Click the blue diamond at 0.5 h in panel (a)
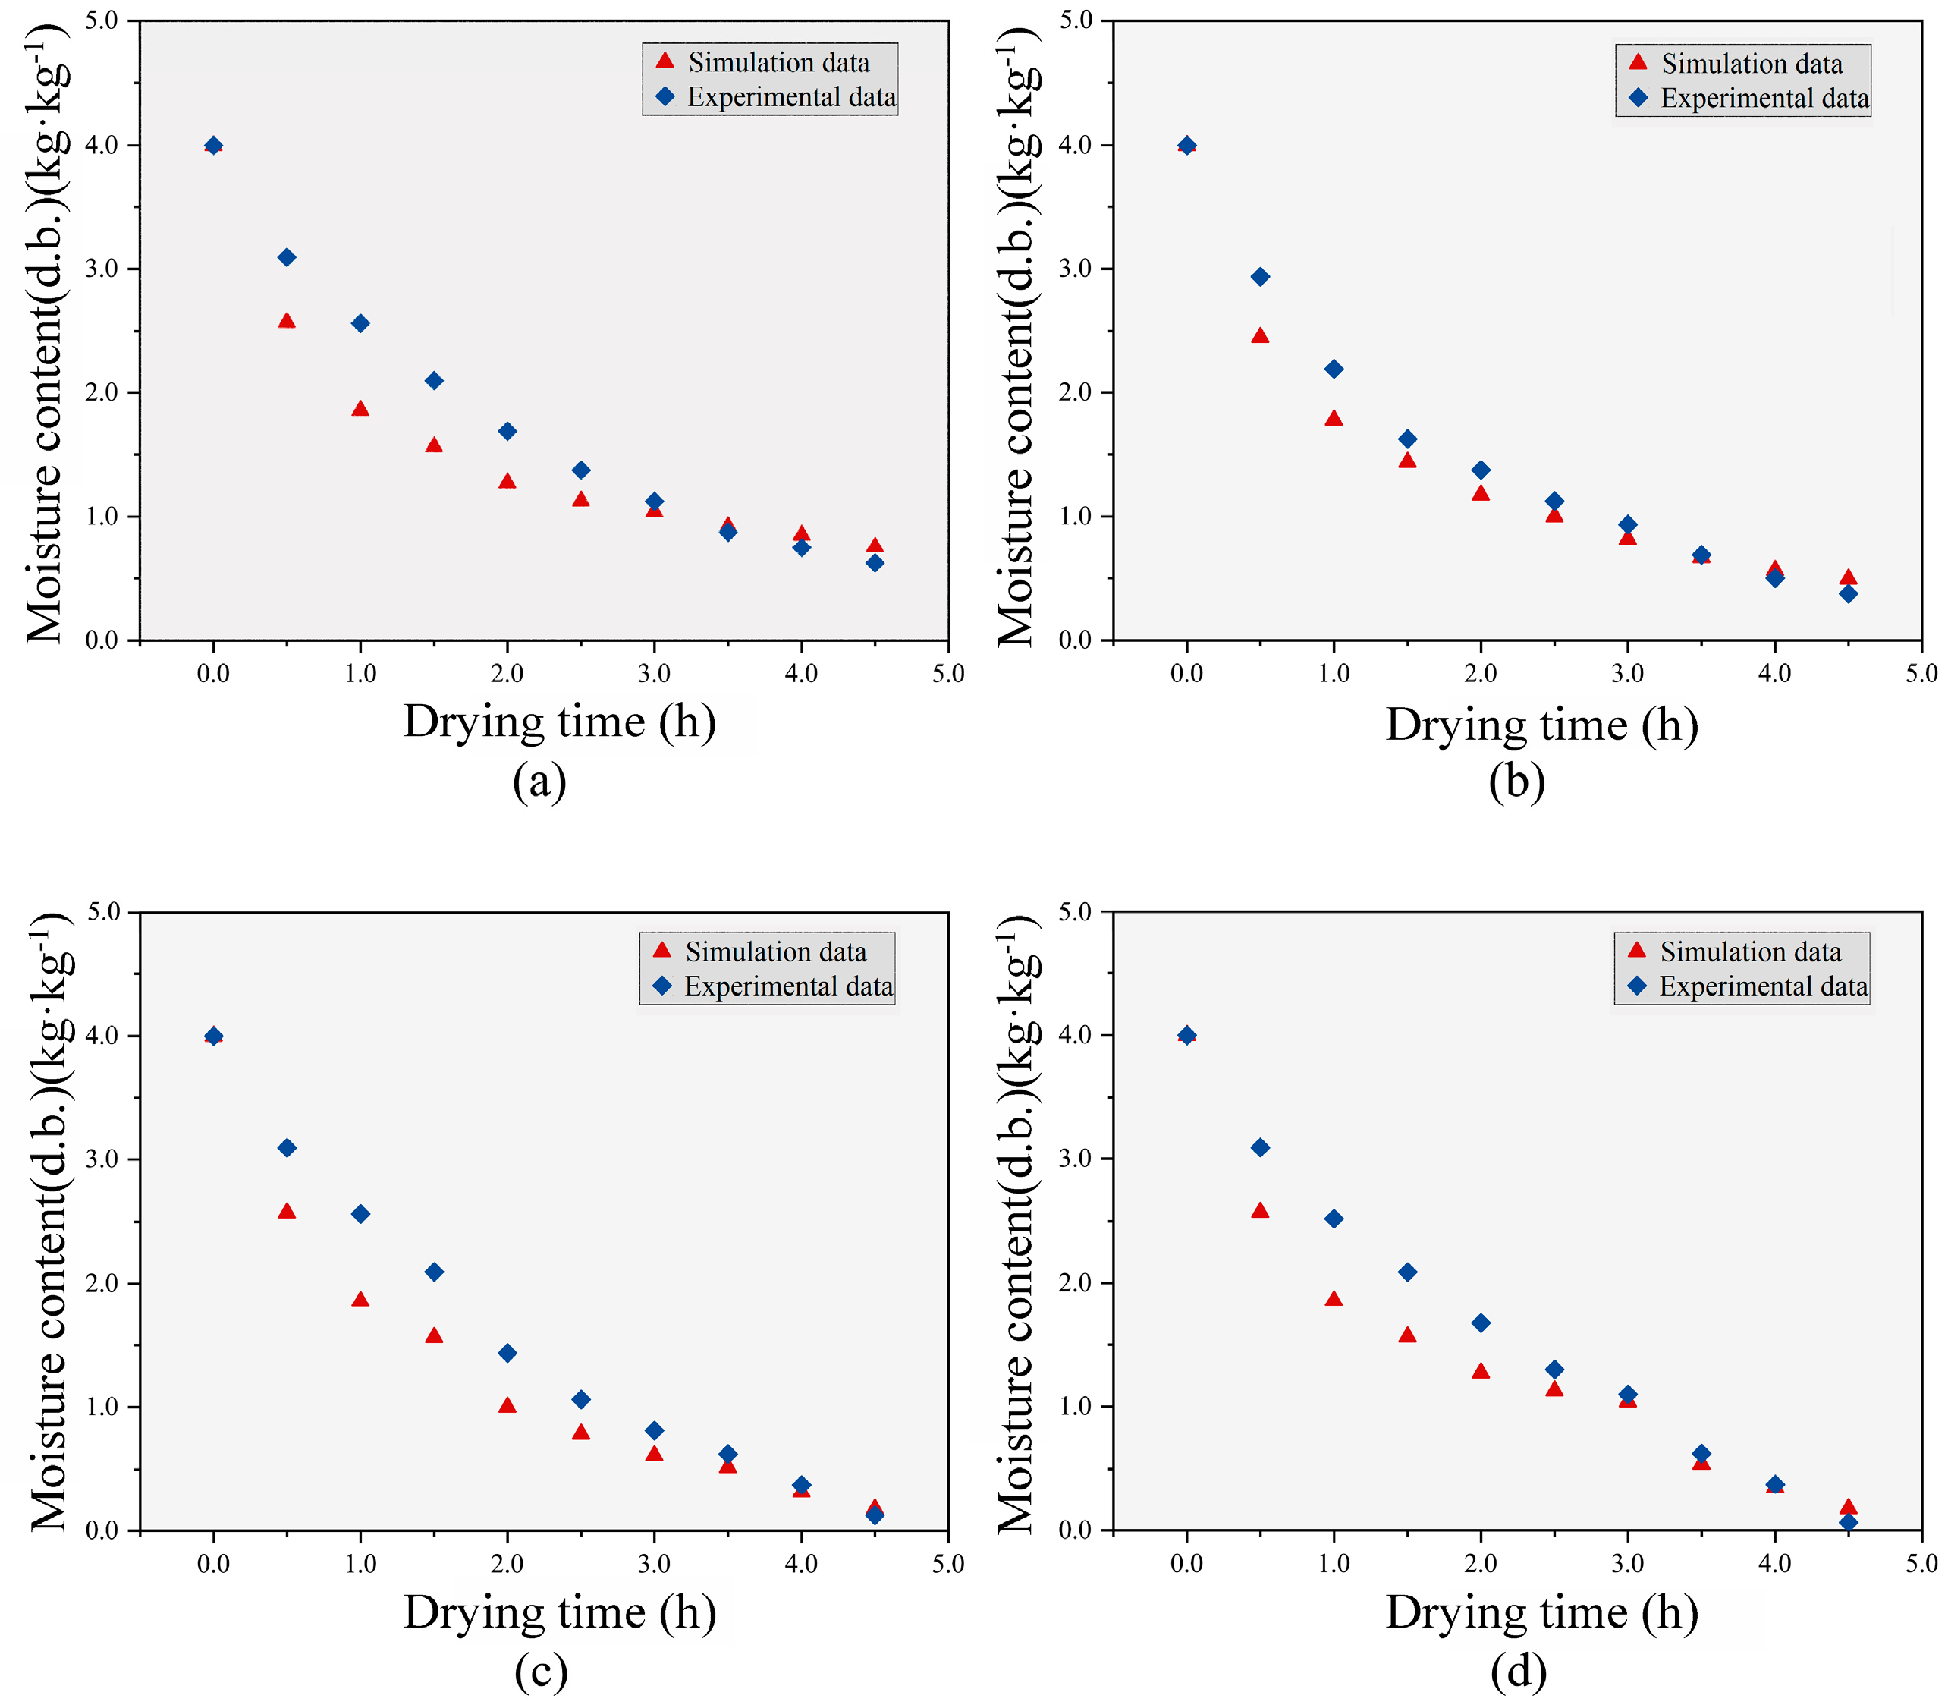(x=287, y=257)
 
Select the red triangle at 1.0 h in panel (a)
(x=360, y=409)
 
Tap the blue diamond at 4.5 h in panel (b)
(x=1848, y=594)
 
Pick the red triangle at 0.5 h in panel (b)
(x=1260, y=335)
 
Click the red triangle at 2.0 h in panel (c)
(x=507, y=1406)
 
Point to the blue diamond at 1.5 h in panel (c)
(x=434, y=1272)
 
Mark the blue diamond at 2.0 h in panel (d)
(x=1480, y=1323)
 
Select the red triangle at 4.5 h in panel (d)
(x=1848, y=1507)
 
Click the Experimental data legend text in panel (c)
(x=788, y=986)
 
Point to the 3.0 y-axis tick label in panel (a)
(x=102, y=269)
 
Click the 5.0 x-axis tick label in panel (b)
(x=1921, y=674)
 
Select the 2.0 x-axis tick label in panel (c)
(x=507, y=1563)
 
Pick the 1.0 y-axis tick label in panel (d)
(x=1075, y=1407)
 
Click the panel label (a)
(x=539, y=782)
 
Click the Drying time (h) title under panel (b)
(x=1541, y=725)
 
